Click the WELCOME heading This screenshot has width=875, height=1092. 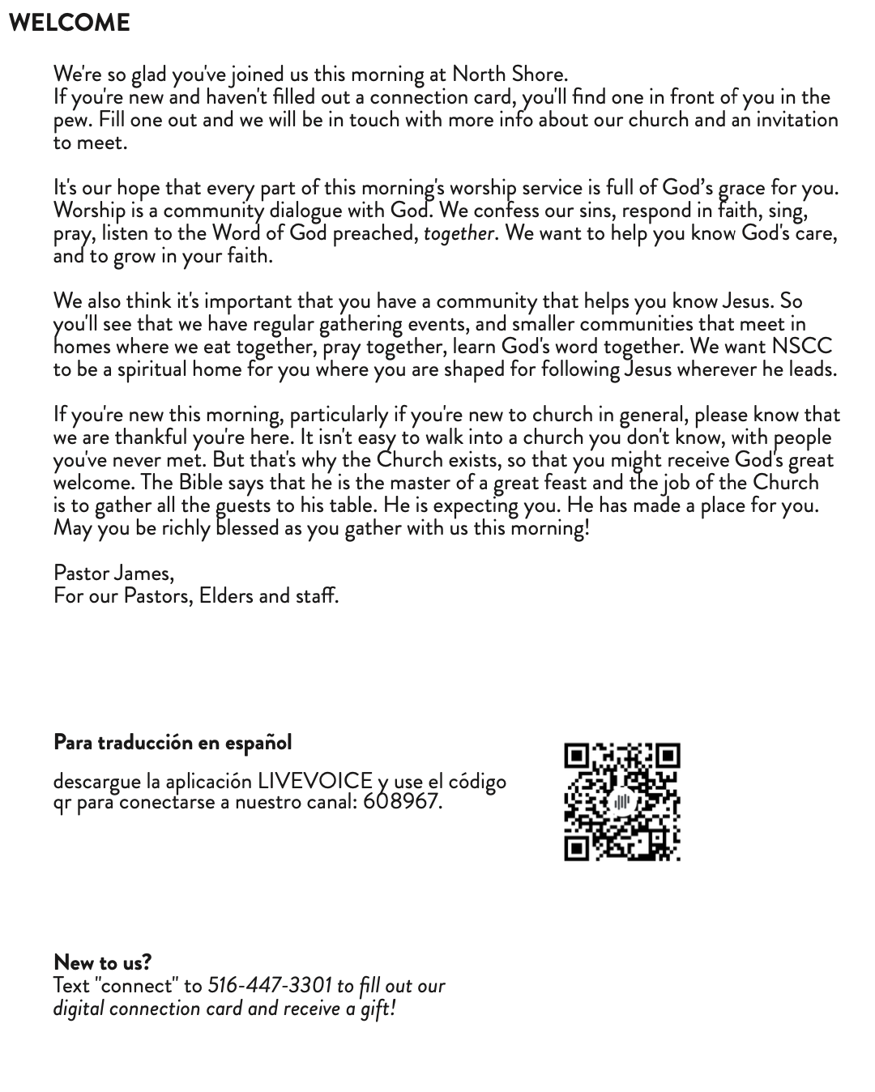tap(69, 23)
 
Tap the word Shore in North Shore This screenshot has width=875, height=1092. tap(538, 74)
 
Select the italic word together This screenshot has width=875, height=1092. tap(459, 233)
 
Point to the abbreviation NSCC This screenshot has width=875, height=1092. tap(801, 346)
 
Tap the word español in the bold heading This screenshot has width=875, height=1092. tap(258, 742)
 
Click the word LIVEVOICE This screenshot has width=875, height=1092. tap(315, 781)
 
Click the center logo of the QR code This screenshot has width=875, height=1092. tap(622, 802)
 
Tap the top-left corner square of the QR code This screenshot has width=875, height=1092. tap(576, 756)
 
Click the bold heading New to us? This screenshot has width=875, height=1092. tap(102, 962)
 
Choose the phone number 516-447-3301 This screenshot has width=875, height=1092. tap(270, 985)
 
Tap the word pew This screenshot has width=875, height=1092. tap(67, 121)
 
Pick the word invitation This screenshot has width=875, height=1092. tap(797, 119)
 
